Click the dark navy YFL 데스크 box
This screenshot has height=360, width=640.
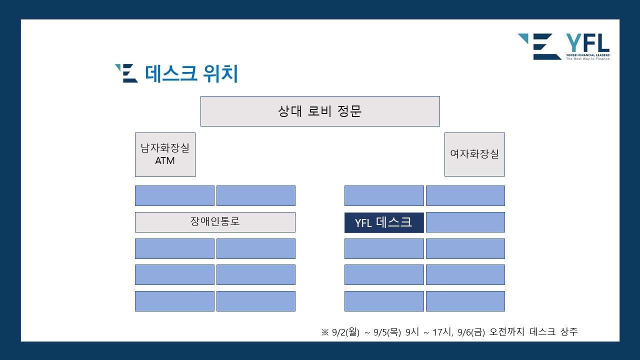pyautogui.click(x=384, y=222)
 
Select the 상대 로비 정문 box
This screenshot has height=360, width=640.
pyautogui.click(x=320, y=111)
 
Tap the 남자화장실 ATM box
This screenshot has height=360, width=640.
pyautogui.click(x=165, y=154)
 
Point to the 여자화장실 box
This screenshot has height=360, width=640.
pyautogui.click(x=474, y=154)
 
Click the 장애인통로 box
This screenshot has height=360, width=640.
pyautogui.click(x=215, y=222)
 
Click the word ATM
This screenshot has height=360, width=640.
pyautogui.click(x=165, y=161)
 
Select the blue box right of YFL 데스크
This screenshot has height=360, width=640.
pyautogui.click(x=465, y=222)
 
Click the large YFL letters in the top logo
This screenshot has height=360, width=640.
pyautogui.click(x=587, y=43)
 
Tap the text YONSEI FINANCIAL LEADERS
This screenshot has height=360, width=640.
pyautogui.click(x=587, y=55)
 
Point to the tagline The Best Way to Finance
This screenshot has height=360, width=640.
pyautogui.click(x=587, y=59)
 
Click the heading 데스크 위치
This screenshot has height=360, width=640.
pyautogui.click(x=191, y=73)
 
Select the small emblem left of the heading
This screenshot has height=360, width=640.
pyautogui.click(x=126, y=73)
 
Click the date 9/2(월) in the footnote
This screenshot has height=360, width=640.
pyautogui.click(x=345, y=332)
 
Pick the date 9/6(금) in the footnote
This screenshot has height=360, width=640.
pyautogui.click(x=471, y=332)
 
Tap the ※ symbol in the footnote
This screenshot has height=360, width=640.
pyautogui.click(x=325, y=332)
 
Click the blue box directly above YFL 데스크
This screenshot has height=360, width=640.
pyautogui.click(x=384, y=195)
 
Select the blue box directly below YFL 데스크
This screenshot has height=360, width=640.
pyautogui.click(x=384, y=248)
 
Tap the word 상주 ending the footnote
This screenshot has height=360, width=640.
pyautogui.click(x=569, y=331)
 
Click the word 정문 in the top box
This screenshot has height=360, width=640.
pyautogui.click(x=349, y=111)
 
